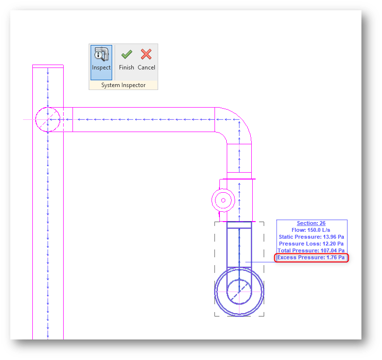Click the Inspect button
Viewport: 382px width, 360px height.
(101, 62)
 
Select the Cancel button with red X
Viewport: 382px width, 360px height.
(146, 61)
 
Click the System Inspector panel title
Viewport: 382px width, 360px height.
(123, 85)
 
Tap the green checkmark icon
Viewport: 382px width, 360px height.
(126, 54)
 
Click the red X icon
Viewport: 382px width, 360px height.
(146, 54)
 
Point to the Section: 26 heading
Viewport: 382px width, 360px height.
(311, 223)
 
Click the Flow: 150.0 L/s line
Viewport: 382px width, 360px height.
(311, 230)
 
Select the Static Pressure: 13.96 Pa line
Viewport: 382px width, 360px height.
(311, 237)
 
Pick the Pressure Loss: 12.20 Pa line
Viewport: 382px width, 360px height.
(311, 244)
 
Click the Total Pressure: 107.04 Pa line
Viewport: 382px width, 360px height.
(311, 250)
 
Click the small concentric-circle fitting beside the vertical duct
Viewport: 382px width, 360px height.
(223, 200)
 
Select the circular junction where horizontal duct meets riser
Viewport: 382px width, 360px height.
(48, 119)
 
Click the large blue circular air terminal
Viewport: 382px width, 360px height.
(239, 292)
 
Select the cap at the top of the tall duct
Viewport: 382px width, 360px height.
(48, 66)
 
